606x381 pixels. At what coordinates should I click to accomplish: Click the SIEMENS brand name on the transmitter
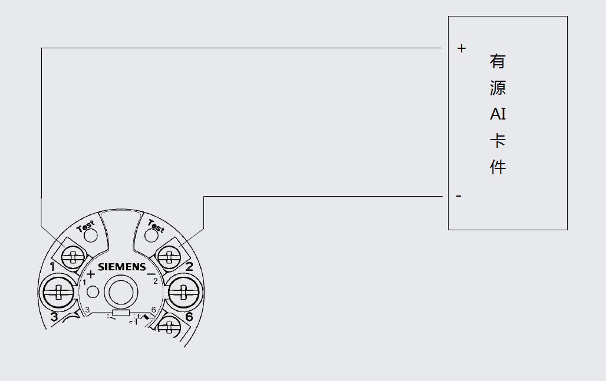(x=122, y=267)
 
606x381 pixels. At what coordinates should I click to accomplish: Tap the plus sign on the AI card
(x=462, y=48)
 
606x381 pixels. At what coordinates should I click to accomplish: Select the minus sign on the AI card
(x=459, y=196)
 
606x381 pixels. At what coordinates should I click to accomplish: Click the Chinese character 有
(x=498, y=61)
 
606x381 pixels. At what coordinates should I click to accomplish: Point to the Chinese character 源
(x=498, y=88)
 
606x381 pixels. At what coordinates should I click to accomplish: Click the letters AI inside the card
(x=498, y=114)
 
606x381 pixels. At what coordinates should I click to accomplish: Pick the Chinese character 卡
(x=498, y=141)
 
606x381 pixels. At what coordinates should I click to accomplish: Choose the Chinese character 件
(x=498, y=167)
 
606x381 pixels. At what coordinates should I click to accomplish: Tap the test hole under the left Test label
(x=90, y=236)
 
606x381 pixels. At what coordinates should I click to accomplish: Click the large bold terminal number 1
(x=53, y=267)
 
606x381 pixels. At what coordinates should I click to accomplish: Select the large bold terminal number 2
(x=189, y=267)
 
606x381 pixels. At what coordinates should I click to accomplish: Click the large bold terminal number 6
(x=189, y=317)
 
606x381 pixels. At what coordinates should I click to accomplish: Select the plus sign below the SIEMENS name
(x=91, y=274)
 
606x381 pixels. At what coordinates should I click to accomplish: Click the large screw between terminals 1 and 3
(x=58, y=291)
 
